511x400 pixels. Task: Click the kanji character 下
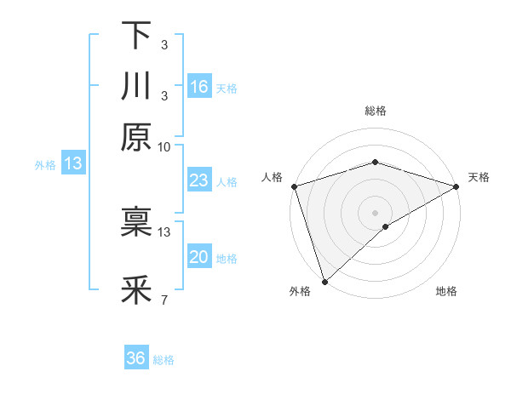tap(136, 36)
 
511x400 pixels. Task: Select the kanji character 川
tap(136, 87)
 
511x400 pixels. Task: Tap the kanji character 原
tap(136, 136)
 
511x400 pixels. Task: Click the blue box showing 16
tap(199, 87)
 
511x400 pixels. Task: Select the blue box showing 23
tap(199, 180)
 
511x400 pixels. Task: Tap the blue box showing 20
tap(199, 257)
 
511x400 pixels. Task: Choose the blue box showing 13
tap(72, 164)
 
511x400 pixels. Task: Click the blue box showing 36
tap(136, 358)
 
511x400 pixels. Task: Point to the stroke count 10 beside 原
tap(164, 146)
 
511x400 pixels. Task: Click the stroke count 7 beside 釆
tap(164, 300)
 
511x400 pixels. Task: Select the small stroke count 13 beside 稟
tap(164, 231)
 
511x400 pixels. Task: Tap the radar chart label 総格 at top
tap(376, 111)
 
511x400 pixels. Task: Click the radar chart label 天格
tap(479, 177)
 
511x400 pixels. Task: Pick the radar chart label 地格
tap(446, 291)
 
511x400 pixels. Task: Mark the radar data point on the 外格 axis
tap(324, 281)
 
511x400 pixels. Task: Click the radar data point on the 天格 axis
tap(457, 186)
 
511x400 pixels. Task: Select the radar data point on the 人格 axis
tap(294, 186)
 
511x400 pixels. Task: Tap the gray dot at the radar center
tap(376, 212)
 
